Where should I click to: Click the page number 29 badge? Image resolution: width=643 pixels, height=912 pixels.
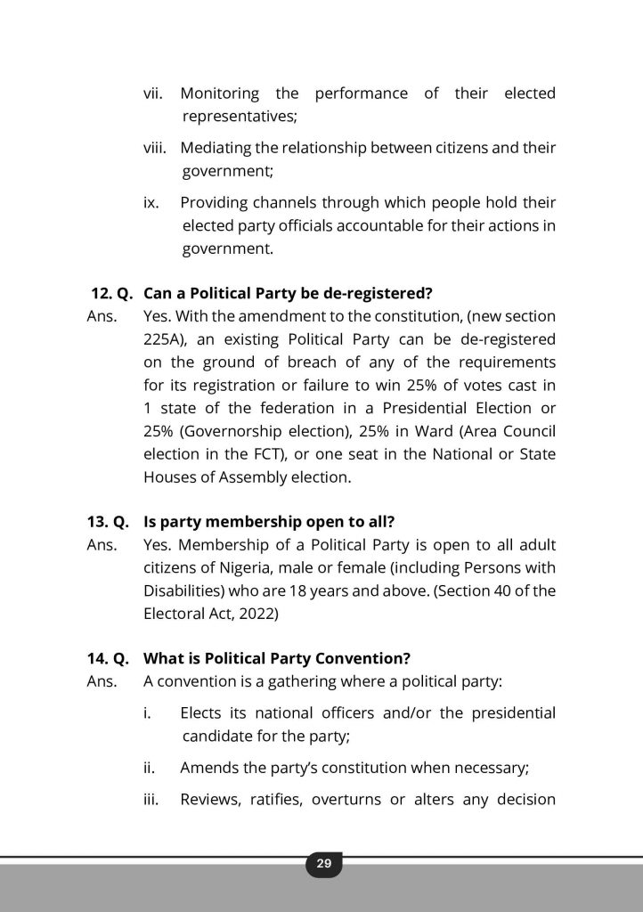(x=323, y=863)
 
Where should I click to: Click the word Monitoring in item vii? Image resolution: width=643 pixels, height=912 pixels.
(x=220, y=94)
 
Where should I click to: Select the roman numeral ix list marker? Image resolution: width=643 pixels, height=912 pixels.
(x=151, y=202)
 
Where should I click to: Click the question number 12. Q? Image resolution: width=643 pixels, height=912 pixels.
(x=111, y=293)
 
